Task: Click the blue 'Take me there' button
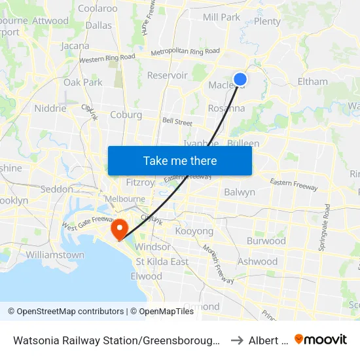[180, 160]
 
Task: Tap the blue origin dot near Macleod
[240, 79]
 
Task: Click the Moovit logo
[321, 339]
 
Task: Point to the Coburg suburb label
[126, 115]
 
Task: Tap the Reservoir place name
[167, 75]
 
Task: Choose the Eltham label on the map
[312, 82]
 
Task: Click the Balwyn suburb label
[240, 192]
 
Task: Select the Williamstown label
[55, 255]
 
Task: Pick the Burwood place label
[266, 241]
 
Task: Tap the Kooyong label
[194, 232]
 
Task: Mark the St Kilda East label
[162, 262]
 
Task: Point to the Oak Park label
[83, 82]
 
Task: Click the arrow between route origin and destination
[236, 340]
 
